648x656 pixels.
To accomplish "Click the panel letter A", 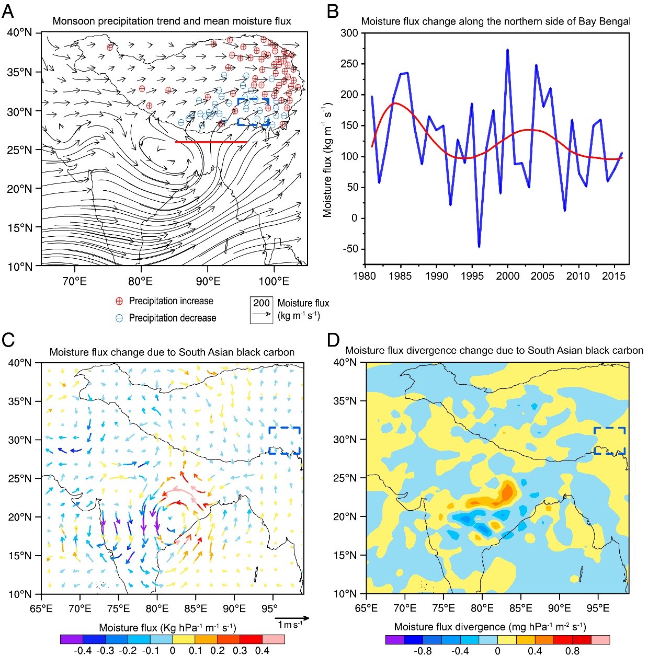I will pos(8,11).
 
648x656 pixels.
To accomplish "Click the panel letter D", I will pos(334,340).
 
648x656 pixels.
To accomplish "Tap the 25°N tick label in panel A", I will pos(20,150).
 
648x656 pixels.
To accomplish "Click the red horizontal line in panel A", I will pos(211,142).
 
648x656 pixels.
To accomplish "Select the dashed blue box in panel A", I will pos(254,112).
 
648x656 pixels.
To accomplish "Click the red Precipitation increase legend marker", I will pos(119,301).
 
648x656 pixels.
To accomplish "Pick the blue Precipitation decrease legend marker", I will pos(119,318).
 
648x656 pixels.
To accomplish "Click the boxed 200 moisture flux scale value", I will pos(262,303).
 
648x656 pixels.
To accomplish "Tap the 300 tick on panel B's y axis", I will pos(349,33).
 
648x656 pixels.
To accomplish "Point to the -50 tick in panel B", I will pos(350,249).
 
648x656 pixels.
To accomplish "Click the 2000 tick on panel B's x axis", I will pos(507,276).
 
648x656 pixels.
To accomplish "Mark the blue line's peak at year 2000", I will pos(507,50).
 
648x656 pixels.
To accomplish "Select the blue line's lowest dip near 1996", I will pos(479,247).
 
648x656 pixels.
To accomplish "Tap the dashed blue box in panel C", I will pos(285,440).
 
